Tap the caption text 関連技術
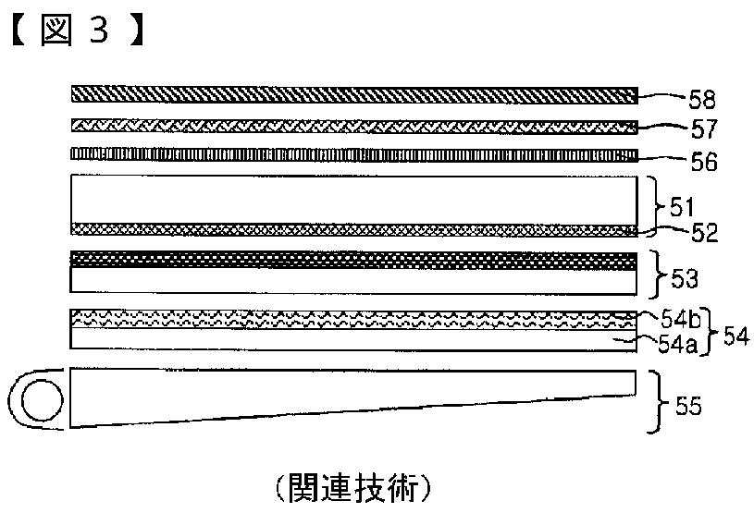point(352,486)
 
